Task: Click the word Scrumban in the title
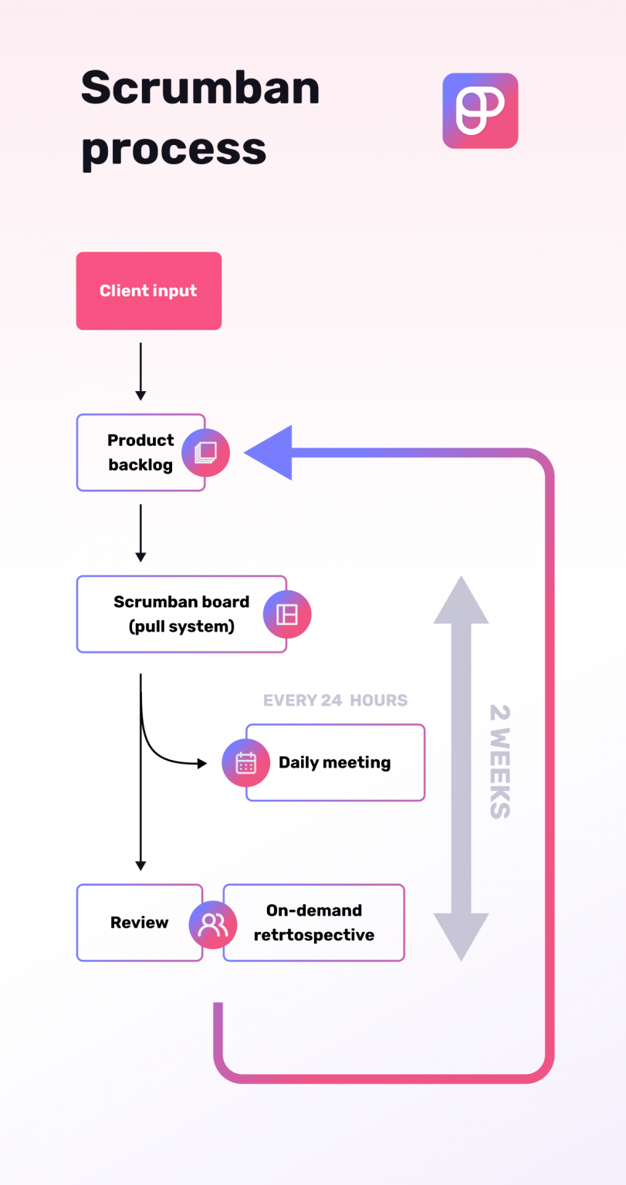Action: pyautogui.click(x=200, y=88)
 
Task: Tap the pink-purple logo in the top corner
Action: pyautogui.click(x=479, y=110)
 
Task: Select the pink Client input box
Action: pyautogui.click(x=148, y=291)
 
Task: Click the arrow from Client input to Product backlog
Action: pyautogui.click(x=140, y=371)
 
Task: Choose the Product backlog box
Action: pyautogui.click(x=131, y=452)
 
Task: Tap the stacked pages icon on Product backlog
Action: pyautogui.click(x=205, y=453)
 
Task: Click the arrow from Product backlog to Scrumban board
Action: pyautogui.click(x=140, y=532)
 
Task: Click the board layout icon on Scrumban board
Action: pyautogui.click(x=286, y=614)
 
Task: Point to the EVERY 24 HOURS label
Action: pyautogui.click(x=335, y=701)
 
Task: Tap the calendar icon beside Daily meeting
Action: pyautogui.click(x=245, y=763)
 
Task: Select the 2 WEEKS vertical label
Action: pyautogui.click(x=499, y=761)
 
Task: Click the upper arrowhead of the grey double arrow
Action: pyautogui.click(x=461, y=600)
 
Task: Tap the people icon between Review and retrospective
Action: pyautogui.click(x=213, y=923)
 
